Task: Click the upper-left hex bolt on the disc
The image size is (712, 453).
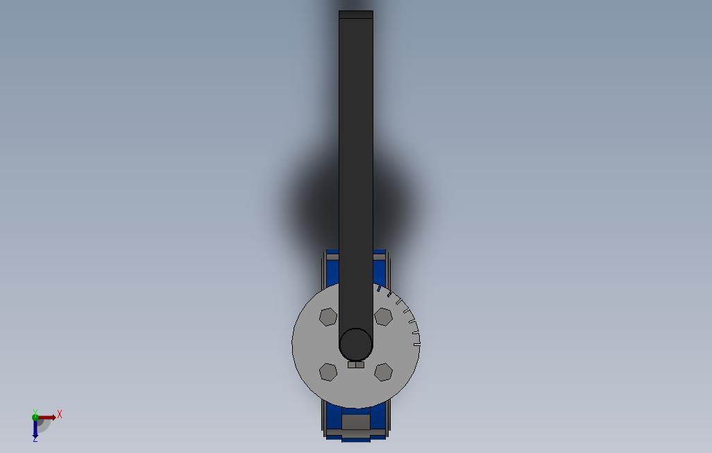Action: tap(328, 317)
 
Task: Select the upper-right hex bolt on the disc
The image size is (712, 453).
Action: tap(383, 317)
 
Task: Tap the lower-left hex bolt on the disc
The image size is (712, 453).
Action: tap(328, 372)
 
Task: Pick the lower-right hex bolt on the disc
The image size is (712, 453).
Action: tap(383, 372)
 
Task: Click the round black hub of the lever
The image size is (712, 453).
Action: tap(356, 343)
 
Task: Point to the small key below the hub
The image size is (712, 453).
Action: tap(356, 364)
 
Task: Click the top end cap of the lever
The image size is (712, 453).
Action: tap(356, 15)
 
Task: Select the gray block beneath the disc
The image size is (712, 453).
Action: tap(356, 422)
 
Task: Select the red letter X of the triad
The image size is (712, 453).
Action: tap(60, 414)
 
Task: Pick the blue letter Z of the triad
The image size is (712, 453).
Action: tap(35, 439)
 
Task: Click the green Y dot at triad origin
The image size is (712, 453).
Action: tap(35, 418)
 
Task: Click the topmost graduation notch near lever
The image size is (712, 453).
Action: tap(379, 286)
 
